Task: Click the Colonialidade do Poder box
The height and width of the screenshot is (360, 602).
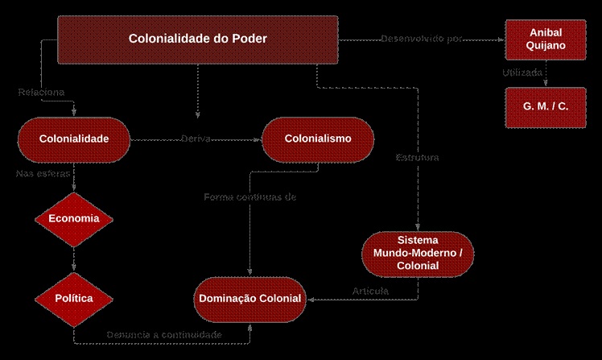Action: (198, 39)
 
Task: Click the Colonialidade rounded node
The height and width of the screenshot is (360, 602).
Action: (74, 139)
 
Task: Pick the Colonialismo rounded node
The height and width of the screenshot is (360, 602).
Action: (318, 139)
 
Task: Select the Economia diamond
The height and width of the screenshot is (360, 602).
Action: (74, 218)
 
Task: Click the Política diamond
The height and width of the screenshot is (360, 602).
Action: (74, 298)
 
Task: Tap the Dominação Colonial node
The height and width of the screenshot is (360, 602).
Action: (249, 299)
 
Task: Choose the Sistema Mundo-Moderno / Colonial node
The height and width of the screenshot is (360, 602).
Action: (418, 254)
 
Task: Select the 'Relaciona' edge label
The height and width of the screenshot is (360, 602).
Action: (43, 92)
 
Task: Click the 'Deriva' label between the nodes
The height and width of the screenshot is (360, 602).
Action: (196, 139)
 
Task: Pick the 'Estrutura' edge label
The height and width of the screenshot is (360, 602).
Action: (417, 158)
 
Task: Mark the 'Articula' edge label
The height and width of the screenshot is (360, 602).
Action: (371, 291)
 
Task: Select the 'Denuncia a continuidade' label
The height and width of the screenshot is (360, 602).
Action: (164, 334)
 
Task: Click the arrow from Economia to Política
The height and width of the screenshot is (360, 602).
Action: (74, 259)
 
